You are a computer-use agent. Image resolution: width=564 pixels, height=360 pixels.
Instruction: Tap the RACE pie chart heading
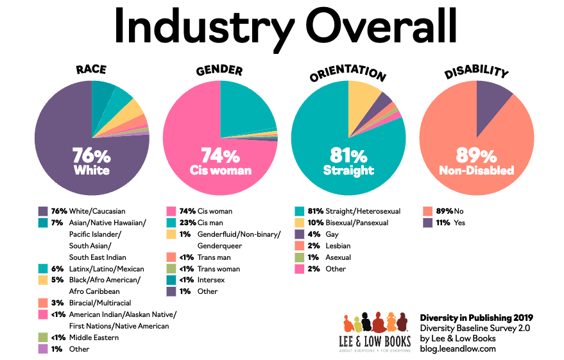coord(91,70)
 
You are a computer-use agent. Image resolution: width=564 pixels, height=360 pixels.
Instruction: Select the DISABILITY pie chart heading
coord(476,72)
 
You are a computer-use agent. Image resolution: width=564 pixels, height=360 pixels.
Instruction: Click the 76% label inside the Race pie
coord(91,157)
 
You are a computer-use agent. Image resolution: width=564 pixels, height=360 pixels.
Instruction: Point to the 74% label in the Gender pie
coord(220,157)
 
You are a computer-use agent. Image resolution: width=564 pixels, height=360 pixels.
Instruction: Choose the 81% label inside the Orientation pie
coord(348,157)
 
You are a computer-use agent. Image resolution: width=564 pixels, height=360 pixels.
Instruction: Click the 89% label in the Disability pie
coord(476,157)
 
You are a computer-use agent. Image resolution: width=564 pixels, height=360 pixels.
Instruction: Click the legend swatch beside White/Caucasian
coord(43,211)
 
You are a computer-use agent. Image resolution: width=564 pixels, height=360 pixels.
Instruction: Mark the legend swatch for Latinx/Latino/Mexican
coord(43,269)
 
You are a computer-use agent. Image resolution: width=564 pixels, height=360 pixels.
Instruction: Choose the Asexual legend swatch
coord(300,257)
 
